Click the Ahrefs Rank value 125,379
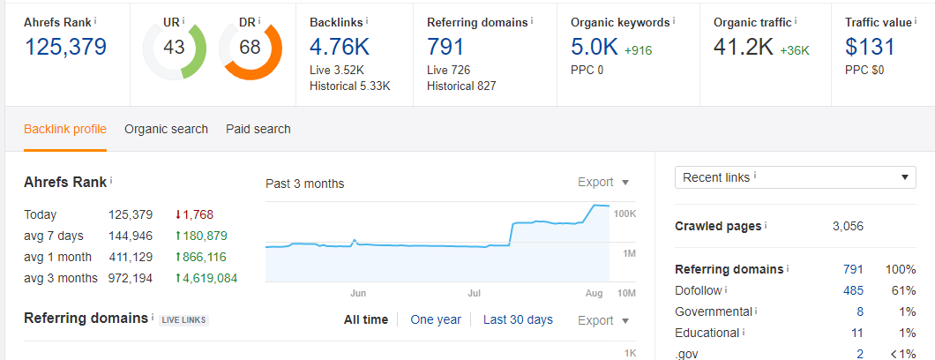tap(65, 47)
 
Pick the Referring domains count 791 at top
tap(445, 47)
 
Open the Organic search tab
tap(166, 129)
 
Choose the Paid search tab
tap(258, 129)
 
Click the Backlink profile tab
tap(65, 129)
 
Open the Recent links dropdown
tap(795, 177)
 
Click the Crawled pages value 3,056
tap(848, 226)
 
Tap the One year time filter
tap(436, 319)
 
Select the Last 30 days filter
tap(518, 319)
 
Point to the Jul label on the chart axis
tap(475, 292)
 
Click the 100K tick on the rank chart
tap(625, 214)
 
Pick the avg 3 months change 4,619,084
tap(207, 279)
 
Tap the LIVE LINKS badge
tap(183, 319)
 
